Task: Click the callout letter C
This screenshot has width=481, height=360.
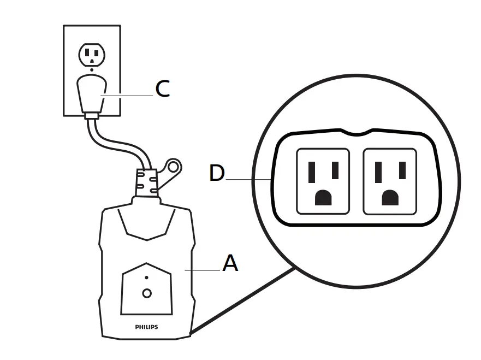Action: click(x=162, y=88)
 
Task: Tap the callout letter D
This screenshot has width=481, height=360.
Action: click(x=217, y=173)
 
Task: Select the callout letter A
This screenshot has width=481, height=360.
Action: click(x=230, y=263)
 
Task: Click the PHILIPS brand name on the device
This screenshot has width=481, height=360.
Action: click(x=146, y=327)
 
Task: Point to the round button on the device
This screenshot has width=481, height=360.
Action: click(x=146, y=293)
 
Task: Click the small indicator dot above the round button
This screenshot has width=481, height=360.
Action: click(x=146, y=278)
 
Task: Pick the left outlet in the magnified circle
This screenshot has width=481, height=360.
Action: click(x=322, y=181)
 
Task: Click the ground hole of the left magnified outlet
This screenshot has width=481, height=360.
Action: click(x=323, y=198)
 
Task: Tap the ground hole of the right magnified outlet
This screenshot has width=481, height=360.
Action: click(x=390, y=198)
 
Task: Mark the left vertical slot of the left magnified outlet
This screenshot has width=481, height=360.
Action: click(x=311, y=173)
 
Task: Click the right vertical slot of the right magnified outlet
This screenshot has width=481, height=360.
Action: click(x=402, y=171)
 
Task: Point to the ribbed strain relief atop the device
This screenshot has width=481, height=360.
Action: click(x=146, y=181)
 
